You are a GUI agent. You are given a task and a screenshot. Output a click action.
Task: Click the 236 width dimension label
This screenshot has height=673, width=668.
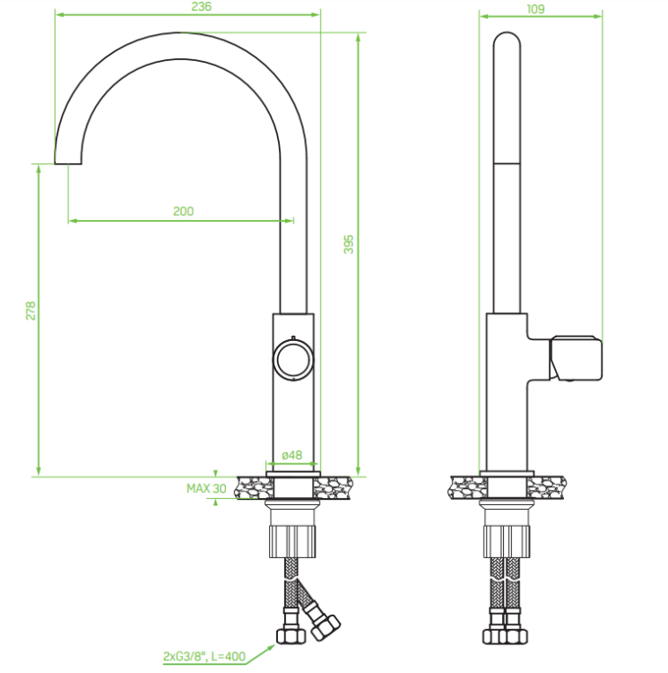click(x=201, y=6)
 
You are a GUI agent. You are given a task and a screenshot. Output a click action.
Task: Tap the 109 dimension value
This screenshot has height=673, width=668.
click(x=535, y=9)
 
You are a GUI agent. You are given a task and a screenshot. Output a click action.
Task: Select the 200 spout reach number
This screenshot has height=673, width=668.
click(x=184, y=211)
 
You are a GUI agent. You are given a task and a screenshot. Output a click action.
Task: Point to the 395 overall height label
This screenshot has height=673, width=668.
click(x=349, y=244)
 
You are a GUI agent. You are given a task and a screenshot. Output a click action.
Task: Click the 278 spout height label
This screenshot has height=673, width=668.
click(x=30, y=310)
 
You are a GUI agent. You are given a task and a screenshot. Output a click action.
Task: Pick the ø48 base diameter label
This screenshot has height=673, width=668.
click(x=292, y=455)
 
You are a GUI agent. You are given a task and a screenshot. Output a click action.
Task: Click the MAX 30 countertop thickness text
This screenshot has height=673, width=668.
click(x=206, y=488)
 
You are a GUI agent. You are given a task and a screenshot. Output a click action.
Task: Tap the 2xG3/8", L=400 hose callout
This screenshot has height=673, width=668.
click(x=204, y=656)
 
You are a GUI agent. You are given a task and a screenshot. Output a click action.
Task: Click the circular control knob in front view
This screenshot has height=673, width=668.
click(x=293, y=360)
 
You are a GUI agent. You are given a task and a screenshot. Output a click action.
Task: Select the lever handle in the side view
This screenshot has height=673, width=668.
click(x=576, y=358)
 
